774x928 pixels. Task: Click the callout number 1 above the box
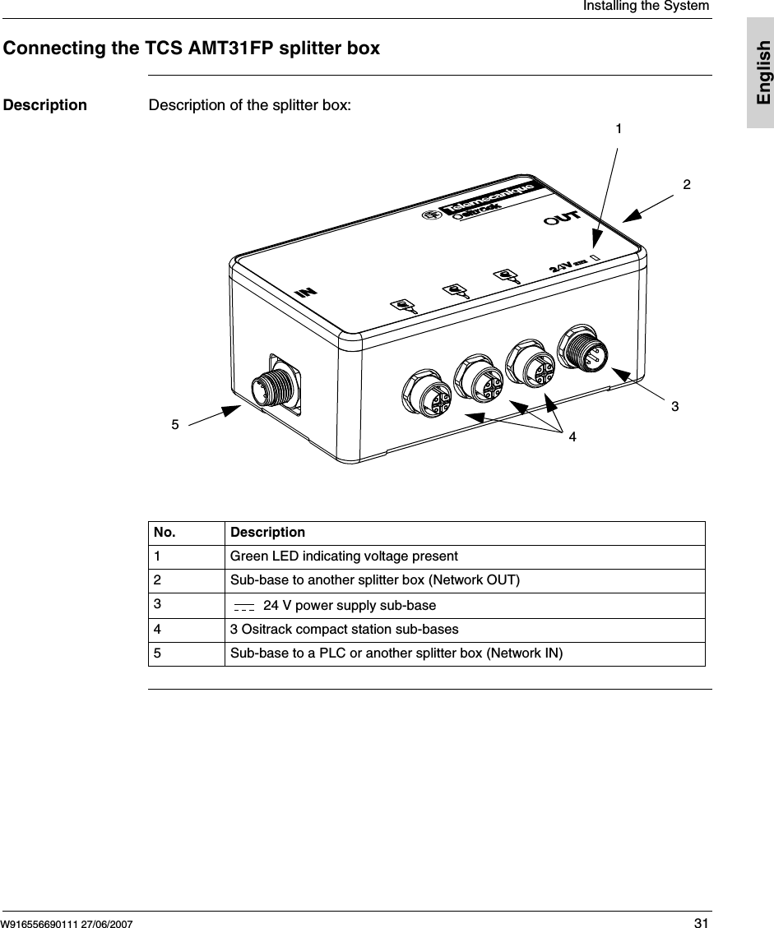coord(619,129)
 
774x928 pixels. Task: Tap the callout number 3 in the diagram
coord(674,406)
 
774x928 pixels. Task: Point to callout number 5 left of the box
coord(174,424)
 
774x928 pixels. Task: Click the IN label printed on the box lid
coord(307,291)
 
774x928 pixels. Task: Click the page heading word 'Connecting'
coord(55,48)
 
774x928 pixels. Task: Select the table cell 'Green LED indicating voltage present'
coord(344,556)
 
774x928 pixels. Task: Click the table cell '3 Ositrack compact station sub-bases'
coord(344,629)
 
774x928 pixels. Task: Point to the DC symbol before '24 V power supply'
coord(244,607)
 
